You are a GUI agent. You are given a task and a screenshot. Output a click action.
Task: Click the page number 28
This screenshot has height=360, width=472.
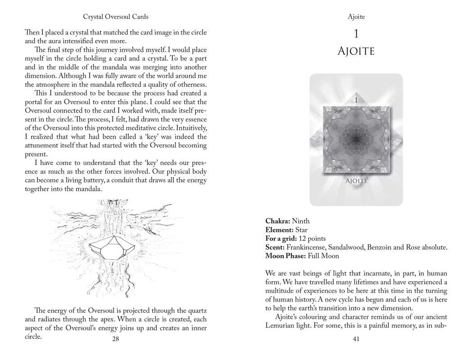(115, 339)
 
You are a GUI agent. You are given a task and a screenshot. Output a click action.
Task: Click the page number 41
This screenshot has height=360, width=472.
(356, 339)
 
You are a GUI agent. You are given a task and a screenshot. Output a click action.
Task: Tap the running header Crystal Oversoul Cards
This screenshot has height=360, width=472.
(116, 17)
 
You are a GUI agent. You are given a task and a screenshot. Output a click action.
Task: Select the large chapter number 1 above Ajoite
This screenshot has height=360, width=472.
(356, 34)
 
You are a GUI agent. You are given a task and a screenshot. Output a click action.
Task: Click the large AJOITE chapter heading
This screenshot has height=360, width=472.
(356, 52)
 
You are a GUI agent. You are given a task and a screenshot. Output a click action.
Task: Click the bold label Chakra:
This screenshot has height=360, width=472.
(277, 221)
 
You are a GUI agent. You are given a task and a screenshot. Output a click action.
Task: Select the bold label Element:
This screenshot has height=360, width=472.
(279, 230)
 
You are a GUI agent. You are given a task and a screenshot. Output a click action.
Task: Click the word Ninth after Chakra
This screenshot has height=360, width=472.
(301, 221)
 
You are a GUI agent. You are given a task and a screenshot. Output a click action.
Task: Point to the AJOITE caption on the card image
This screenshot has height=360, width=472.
(356, 181)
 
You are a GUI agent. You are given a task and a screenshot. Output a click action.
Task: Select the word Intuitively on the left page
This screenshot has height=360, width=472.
(191, 128)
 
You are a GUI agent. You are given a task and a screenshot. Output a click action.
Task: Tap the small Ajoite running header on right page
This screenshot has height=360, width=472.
(356, 17)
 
